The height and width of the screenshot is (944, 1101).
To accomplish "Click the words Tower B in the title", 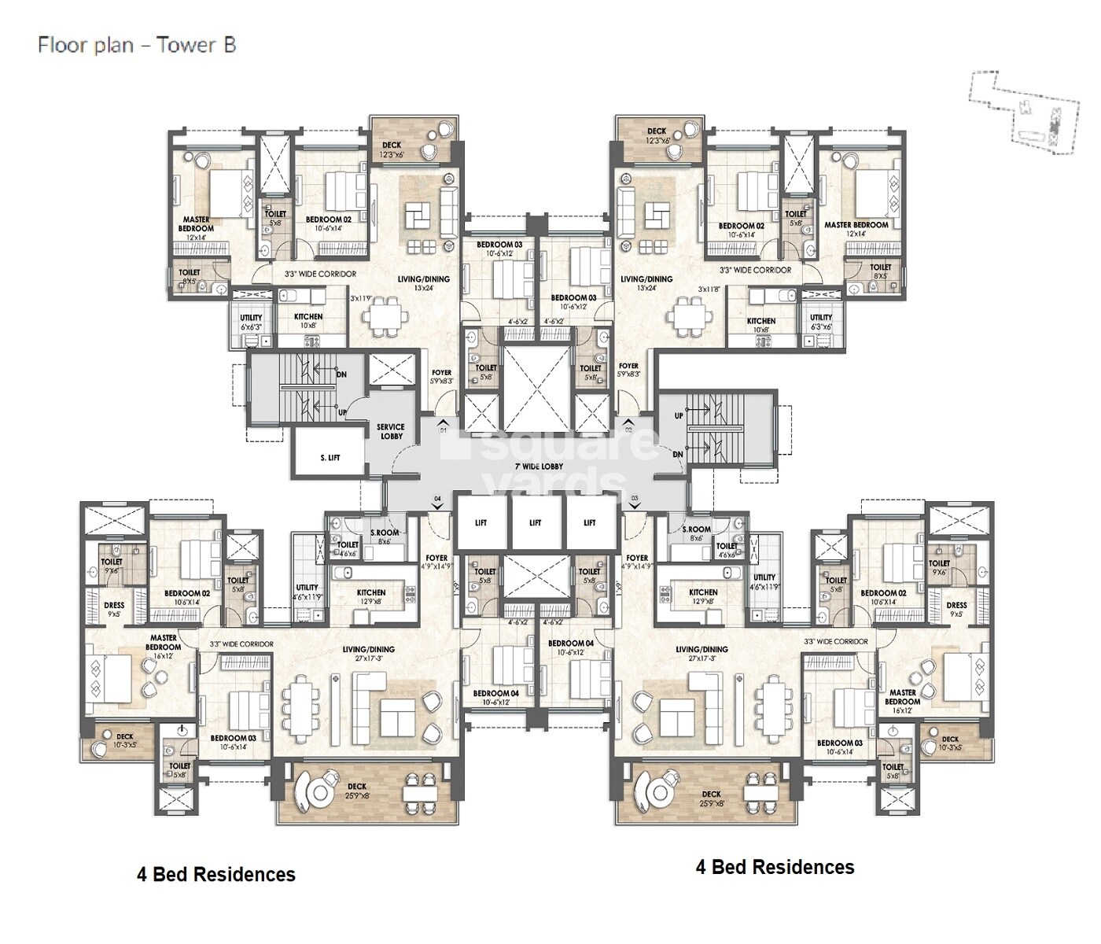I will point(197,44).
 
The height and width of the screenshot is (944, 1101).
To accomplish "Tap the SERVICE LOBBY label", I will point(391,431).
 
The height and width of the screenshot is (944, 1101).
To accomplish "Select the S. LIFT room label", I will point(330,457).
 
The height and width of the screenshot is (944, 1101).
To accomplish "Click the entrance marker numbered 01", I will point(443,430).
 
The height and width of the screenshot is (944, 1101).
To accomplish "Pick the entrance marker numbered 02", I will point(628,430).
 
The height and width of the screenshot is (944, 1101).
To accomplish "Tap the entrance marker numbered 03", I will point(633,498).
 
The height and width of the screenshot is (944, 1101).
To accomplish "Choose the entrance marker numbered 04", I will point(437,498).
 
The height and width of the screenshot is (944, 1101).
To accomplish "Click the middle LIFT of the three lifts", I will point(535,522).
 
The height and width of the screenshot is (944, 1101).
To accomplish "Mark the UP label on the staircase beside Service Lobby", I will point(341,412).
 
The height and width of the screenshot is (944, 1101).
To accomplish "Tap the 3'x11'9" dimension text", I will point(361,298).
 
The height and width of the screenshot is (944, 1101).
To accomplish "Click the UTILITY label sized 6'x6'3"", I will point(251,322).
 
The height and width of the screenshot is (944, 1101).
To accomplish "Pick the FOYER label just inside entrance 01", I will point(442,377).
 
